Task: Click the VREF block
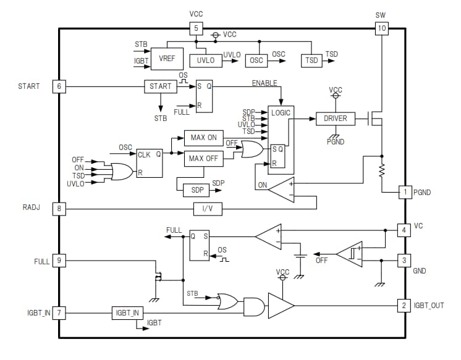[x=167, y=58]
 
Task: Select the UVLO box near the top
[x=205, y=61]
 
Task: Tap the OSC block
[x=256, y=61]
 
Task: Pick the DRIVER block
[x=336, y=118]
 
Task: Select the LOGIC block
[x=280, y=114]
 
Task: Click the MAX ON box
[x=203, y=137]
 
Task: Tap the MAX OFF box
[x=203, y=159]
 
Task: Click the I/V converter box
[x=208, y=209]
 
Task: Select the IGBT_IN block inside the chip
[x=127, y=312]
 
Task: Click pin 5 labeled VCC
[x=195, y=28]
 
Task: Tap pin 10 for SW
[x=381, y=28]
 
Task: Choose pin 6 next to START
[x=59, y=86]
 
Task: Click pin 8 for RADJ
[x=59, y=209]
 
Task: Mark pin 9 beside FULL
[x=59, y=261]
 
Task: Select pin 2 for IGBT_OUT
[x=404, y=305]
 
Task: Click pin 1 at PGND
[x=404, y=193]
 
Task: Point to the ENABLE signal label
[x=264, y=83]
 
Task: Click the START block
[x=160, y=86]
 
